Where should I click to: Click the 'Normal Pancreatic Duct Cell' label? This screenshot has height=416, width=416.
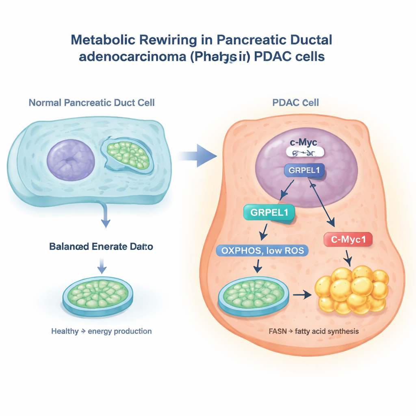point(91,102)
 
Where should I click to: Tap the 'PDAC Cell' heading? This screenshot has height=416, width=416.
point(295,102)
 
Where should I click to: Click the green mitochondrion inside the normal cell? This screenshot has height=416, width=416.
point(127,156)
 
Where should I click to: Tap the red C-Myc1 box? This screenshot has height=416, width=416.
point(348,240)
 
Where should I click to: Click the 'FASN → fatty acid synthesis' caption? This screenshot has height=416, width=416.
point(314,331)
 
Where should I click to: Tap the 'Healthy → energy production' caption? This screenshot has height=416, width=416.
point(101,331)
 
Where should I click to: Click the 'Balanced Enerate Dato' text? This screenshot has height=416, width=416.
point(101,246)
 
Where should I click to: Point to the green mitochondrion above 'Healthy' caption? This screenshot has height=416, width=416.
point(97,294)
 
